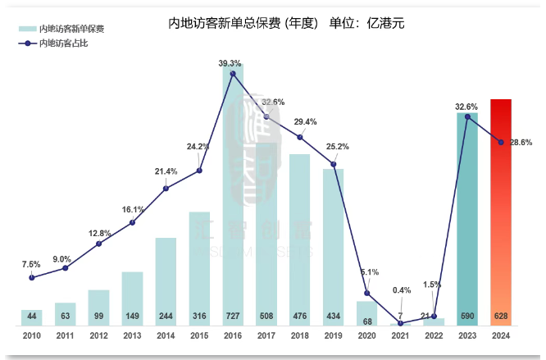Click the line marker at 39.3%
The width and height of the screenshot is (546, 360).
tap(233, 74)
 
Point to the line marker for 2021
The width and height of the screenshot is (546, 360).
tap(400, 324)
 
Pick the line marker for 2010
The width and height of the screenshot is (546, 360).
tap(31, 277)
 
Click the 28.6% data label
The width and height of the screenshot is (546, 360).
tap(521, 143)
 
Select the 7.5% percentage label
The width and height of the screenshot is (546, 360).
tap(31, 264)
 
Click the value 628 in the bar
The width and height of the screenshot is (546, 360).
tap(501, 316)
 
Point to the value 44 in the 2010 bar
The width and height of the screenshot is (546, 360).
tap(31, 316)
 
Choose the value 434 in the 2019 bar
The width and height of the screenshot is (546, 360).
tap(333, 316)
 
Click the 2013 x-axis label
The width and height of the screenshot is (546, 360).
tap(132, 336)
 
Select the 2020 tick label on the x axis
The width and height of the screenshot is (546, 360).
tap(366, 336)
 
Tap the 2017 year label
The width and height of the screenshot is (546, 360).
tap(266, 336)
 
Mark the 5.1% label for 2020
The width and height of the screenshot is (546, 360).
tap(370, 272)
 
